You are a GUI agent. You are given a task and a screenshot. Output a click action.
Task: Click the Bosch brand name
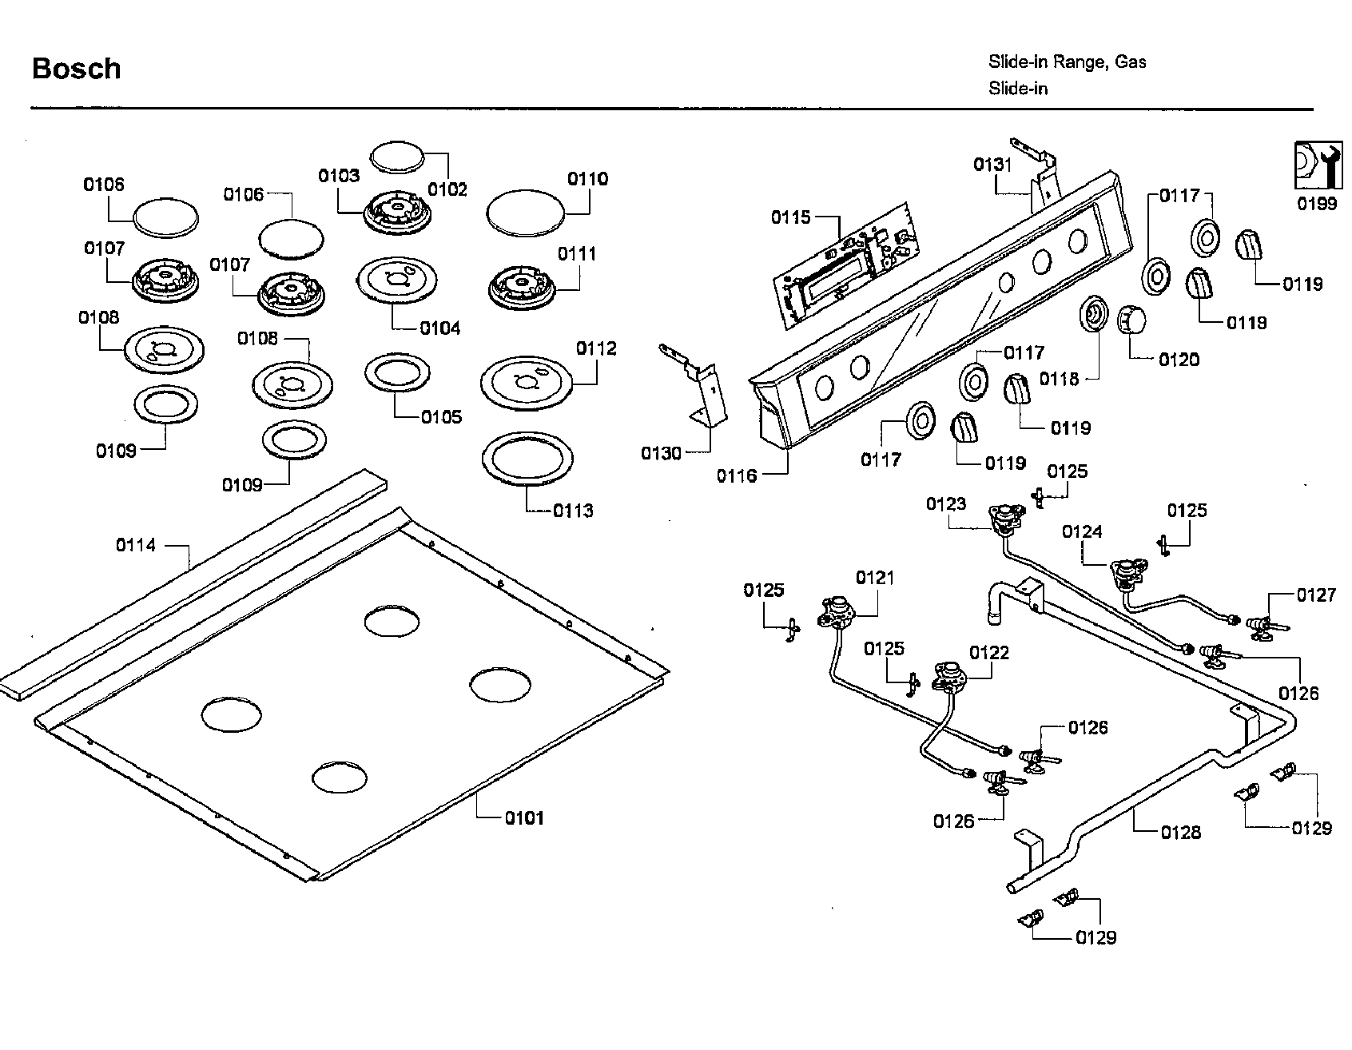tap(77, 69)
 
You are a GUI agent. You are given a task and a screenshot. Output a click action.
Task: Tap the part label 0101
tap(524, 817)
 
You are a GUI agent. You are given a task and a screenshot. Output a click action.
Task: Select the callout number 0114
tap(136, 545)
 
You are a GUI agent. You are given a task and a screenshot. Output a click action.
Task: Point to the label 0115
tap(791, 217)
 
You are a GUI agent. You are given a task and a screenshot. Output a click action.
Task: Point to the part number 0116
tap(737, 476)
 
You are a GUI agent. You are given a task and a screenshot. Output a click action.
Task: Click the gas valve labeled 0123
tap(1007, 519)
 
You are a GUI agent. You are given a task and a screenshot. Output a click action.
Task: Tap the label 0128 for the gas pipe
tap(1181, 832)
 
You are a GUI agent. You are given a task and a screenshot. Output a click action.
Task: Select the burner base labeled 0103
tap(395, 213)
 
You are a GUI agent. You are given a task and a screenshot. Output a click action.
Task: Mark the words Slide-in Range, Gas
tap(1068, 62)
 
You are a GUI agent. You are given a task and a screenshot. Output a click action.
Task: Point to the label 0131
tap(992, 165)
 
